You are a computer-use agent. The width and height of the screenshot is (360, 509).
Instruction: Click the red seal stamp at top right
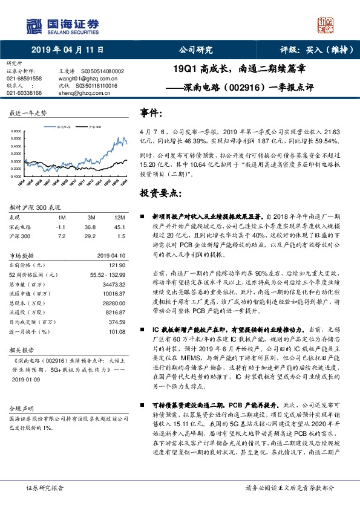click(327, 25)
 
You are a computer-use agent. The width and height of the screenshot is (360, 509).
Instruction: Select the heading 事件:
click(151, 113)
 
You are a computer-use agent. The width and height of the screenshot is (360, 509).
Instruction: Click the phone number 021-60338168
click(24, 92)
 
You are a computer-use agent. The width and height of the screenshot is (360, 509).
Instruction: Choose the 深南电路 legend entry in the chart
click(64, 128)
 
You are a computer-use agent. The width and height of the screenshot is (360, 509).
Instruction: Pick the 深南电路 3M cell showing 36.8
click(90, 226)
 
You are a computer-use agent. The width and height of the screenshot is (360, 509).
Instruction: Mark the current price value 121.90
click(117, 265)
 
